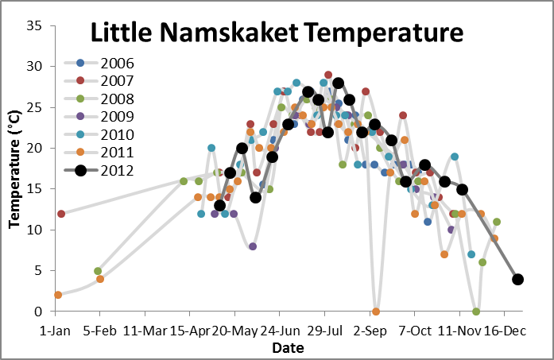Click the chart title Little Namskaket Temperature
[x=276, y=33]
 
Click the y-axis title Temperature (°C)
[x=14, y=168]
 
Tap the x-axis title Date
[x=286, y=348]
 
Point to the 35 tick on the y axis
[x=33, y=25]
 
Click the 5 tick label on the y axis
[x=37, y=271]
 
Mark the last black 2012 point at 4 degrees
[x=518, y=279]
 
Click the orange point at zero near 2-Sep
[x=376, y=312]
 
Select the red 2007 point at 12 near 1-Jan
[x=61, y=213]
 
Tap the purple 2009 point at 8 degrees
[x=253, y=246]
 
